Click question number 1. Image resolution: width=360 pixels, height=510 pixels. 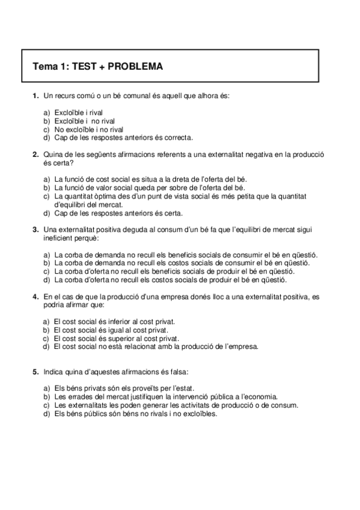35,96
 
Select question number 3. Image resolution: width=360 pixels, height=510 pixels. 35,229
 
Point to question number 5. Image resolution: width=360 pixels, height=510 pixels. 35,372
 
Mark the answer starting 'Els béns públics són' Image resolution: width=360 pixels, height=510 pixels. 135,413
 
